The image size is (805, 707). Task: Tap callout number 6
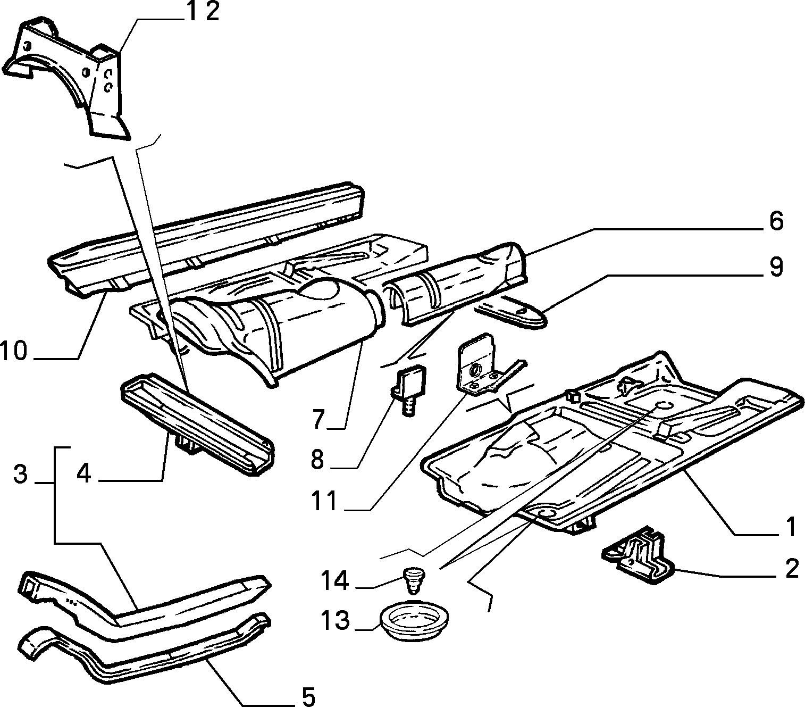coord(776,221)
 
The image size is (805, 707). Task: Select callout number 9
coord(776,267)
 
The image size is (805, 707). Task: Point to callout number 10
coord(14,351)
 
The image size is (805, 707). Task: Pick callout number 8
coord(318,460)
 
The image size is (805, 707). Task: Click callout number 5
coord(308,696)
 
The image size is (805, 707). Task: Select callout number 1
coord(791,527)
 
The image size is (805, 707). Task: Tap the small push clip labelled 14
coord(414,580)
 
